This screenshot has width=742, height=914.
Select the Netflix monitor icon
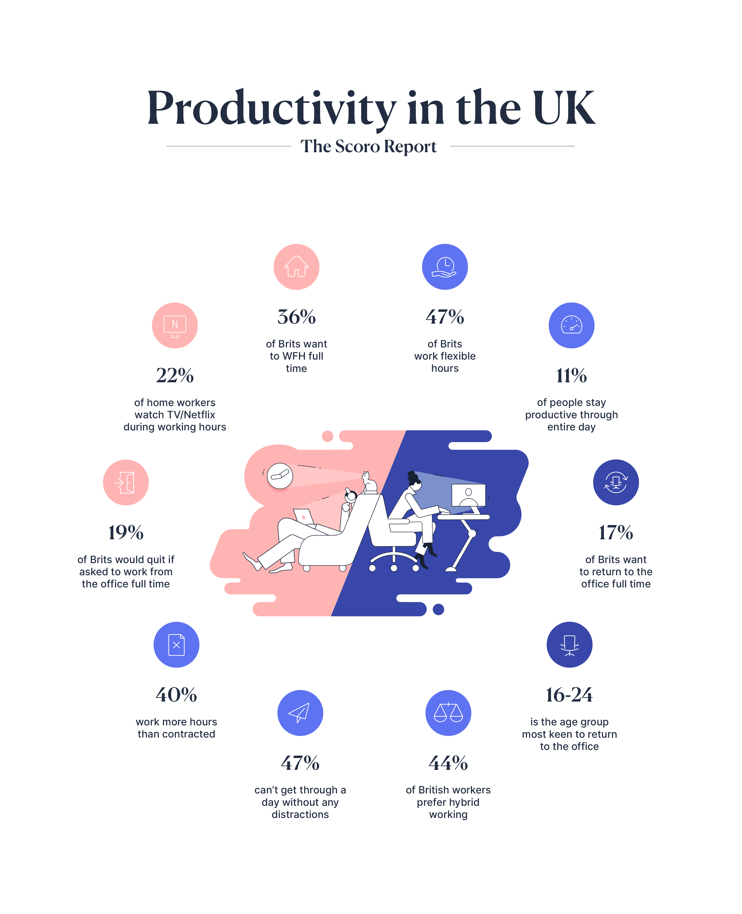[x=175, y=325]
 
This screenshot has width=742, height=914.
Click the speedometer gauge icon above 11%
[x=571, y=325]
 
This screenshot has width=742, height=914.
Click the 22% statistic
[x=175, y=375]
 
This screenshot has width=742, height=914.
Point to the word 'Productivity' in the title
[x=272, y=109]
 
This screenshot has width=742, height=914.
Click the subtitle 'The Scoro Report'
[x=368, y=146]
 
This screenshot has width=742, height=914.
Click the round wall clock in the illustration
[x=280, y=476]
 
